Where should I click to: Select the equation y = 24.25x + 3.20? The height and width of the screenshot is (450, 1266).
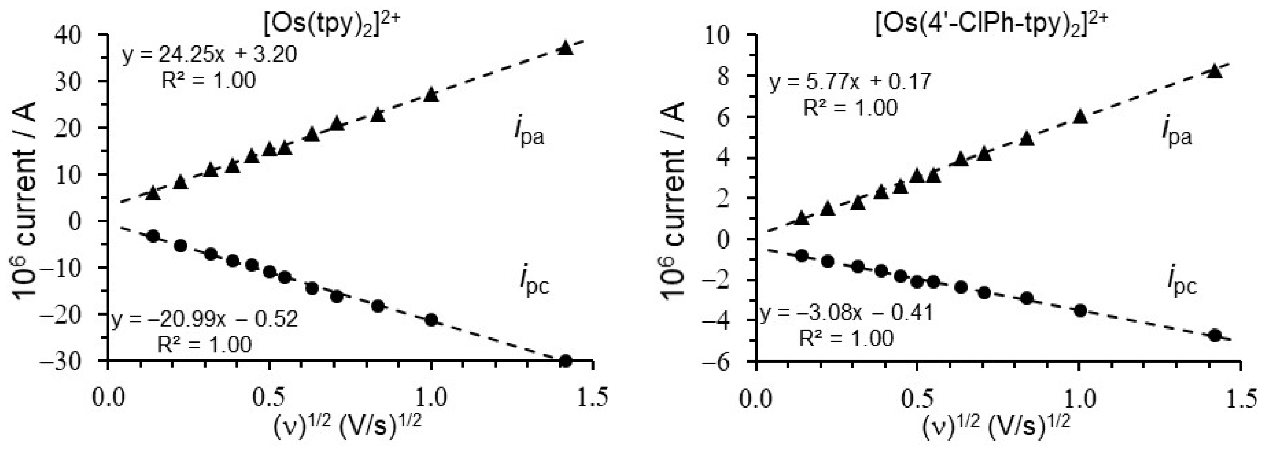210,54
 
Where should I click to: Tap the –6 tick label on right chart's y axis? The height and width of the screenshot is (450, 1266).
724,361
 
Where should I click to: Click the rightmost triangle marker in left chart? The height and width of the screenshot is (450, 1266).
566,48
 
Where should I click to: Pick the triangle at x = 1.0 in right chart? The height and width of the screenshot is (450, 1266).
1080,117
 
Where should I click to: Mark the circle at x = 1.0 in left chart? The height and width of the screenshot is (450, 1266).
431,320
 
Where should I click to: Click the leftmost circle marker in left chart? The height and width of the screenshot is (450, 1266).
153,236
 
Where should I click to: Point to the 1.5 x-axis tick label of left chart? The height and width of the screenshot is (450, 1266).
592,397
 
